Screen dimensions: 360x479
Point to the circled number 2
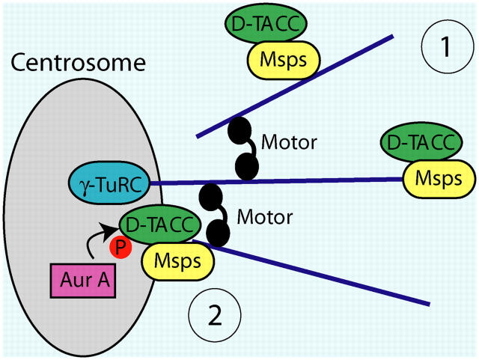(x=215, y=314)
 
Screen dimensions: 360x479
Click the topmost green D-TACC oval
(x=266, y=25)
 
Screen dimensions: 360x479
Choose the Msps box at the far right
(x=439, y=180)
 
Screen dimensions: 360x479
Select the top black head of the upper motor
(x=239, y=132)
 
